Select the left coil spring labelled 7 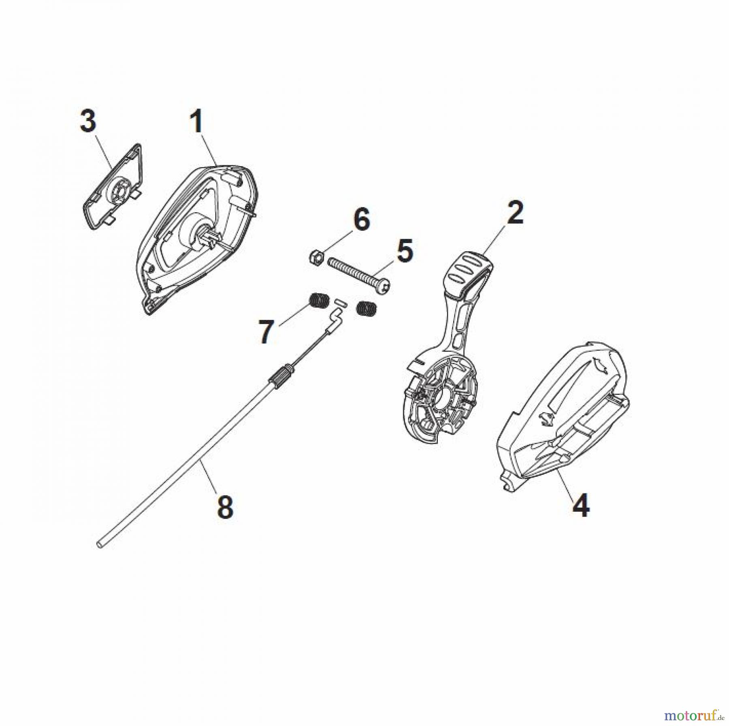pyautogui.click(x=320, y=301)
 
